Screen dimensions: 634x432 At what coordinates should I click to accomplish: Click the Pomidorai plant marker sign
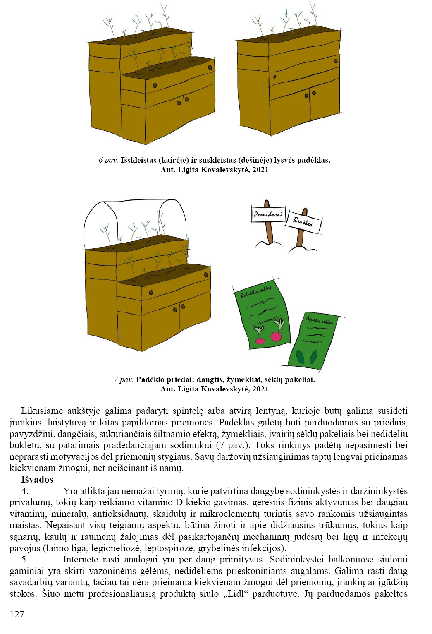[268, 214]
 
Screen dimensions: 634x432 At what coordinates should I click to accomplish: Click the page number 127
[17, 614]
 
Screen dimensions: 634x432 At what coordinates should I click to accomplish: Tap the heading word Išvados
[37, 480]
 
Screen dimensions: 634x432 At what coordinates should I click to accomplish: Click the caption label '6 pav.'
[108, 160]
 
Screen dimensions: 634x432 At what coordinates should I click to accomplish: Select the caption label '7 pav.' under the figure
[124, 379]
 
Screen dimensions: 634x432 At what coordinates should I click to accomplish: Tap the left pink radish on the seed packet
[260, 340]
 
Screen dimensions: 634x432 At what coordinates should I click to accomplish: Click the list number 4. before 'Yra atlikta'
[25, 491]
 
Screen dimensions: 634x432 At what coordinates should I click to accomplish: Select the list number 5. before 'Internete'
[25, 560]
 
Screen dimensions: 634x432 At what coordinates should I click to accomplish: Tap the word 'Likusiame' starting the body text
[42, 411]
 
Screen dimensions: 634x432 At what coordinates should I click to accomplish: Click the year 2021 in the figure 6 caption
[260, 170]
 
